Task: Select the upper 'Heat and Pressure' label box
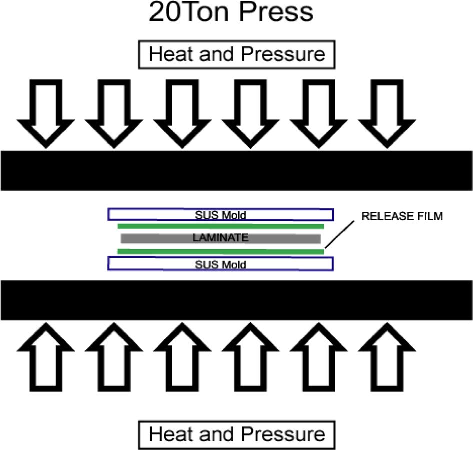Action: pyautogui.click(x=237, y=54)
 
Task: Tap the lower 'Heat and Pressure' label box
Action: pyautogui.click(x=237, y=434)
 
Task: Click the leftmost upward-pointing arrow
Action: pyautogui.click(x=46, y=357)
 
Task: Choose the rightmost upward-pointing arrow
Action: pyautogui.click(x=386, y=357)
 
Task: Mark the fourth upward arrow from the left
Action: pyautogui.click(x=250, y=357)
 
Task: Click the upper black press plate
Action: pyautogui.click(x=236, y=170)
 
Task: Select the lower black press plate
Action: pyautogui.click(x=236, y=300)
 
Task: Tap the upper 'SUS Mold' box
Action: pyautogui.click(x=221, y=215)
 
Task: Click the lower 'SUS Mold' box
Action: pyautogui.click(x=221, y=264)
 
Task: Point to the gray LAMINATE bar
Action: pyautogui.click(x=220, y=238)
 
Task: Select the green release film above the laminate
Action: pyautogui.click(x=220, y=226)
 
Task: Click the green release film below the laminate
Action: pyautogui.click(x=220, y=251)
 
